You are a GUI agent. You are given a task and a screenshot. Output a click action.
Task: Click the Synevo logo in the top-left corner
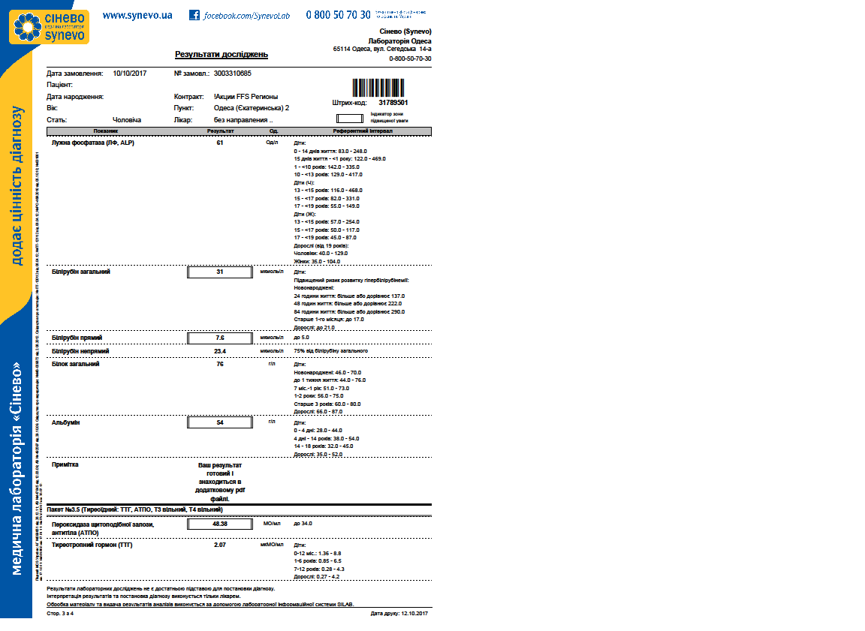click(x=49, y=26)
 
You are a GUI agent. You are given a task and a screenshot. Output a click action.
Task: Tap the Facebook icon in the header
click(x=194, y=15)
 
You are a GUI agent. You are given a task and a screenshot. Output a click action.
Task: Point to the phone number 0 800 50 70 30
click(x=338, y=15)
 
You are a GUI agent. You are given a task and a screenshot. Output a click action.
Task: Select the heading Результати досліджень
click(x=221, y=55)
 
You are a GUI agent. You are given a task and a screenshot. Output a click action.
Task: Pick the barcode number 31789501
click(x=393, y=103)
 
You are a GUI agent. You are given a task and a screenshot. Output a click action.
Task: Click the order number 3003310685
click(x=232, y=74)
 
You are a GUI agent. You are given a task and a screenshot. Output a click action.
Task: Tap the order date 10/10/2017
click(x=129, y=74)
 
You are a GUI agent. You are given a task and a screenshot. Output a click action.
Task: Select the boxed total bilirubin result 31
click(x=219, y=272)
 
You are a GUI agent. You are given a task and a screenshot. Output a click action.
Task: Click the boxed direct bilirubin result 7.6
click(x=219, y=338)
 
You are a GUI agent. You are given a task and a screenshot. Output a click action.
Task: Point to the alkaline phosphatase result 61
click(x=220, y=143)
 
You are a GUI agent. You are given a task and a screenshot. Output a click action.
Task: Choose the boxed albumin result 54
click(x=219, y=422)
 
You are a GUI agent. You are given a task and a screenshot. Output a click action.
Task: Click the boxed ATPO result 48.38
click(x=219, y=524)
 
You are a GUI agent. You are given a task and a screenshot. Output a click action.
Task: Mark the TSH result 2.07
click(x=220, y=545)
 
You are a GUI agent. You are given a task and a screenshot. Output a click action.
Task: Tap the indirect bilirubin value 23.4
click(x=220, y=351)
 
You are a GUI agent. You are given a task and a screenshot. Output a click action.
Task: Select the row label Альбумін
click(x=65, y=423)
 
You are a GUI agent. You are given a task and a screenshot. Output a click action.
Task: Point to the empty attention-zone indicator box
click(x=349, y=118)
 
